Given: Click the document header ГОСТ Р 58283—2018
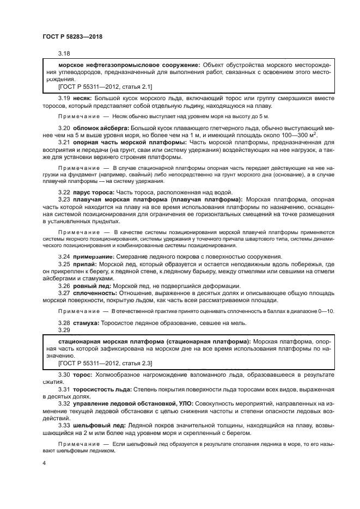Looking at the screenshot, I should coord(72,36).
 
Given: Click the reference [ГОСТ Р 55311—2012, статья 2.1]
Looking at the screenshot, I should coord(105,86).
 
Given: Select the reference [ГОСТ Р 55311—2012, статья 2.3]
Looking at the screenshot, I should coord(105,363).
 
